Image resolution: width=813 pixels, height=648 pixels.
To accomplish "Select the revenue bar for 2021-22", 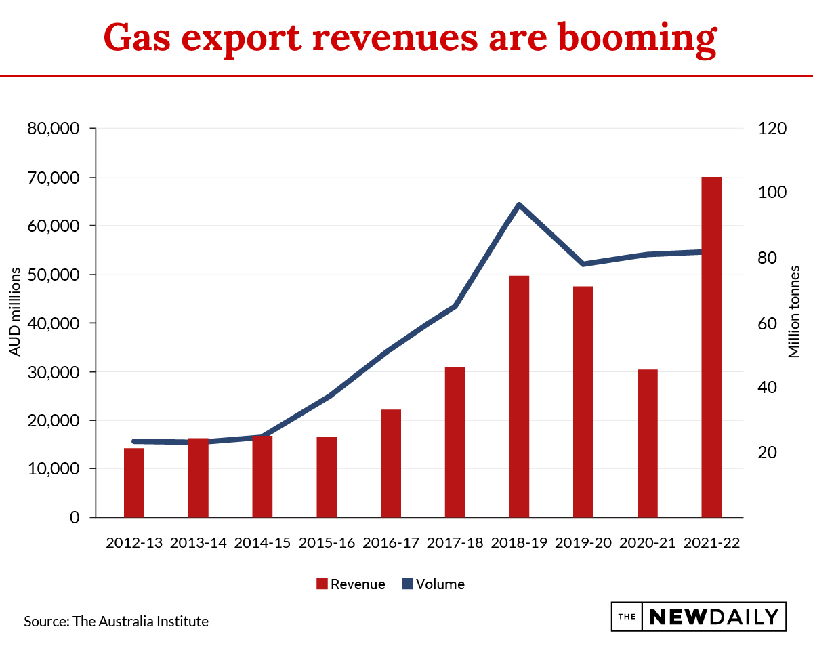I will click(711, 347).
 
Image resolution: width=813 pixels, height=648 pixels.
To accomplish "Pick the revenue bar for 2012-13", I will click(134, 483).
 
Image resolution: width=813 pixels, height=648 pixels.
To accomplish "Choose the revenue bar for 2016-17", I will click(391, 464).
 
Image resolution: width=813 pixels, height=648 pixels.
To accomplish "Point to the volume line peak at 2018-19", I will click(518, 205).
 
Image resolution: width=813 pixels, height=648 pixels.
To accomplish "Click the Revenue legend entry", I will click(351, 584).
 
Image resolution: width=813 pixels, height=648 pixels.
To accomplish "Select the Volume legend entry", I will click(433, 584).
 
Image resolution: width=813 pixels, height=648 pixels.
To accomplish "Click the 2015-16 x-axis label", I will click(327, 543).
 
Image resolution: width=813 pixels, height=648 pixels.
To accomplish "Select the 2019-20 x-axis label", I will click(583, 543).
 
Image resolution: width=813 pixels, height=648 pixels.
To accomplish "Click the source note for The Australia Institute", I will click(116, 621).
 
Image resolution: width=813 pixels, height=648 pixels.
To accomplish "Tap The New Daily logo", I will click(699, 617).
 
